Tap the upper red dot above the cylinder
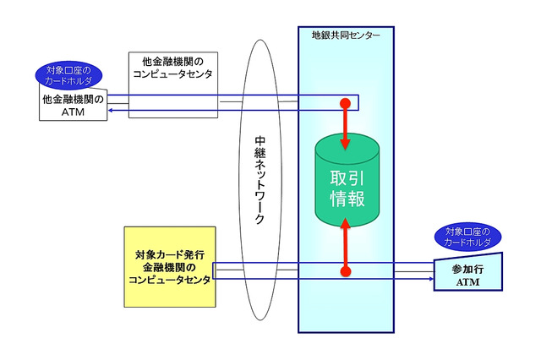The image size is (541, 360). [x=345, y=103]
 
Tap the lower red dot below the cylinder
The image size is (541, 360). [x=345, y=272]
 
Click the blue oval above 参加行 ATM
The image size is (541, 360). [x=467, y=237]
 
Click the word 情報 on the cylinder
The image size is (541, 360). [x=347, y=198]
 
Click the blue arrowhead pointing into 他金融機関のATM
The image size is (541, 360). [x=112, y=111]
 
